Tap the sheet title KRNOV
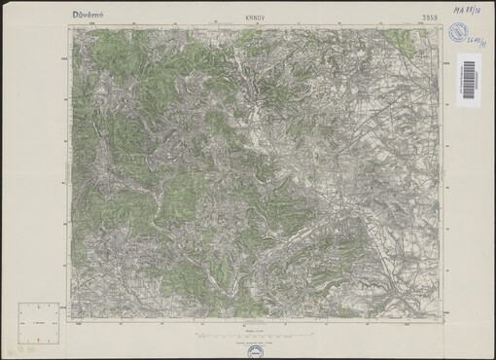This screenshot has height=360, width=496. point(247,18)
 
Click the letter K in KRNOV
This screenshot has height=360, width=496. point(236,18)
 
